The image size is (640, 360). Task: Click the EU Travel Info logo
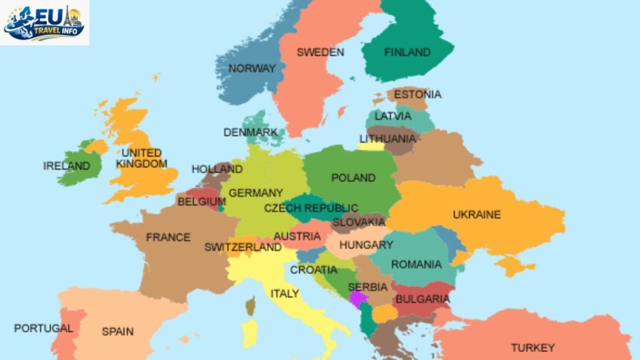(44, 22)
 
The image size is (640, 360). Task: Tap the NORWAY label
(252, 69)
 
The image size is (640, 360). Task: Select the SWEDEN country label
(320, 52)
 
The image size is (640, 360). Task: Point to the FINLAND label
(407, 52)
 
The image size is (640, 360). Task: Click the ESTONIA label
(417, 94)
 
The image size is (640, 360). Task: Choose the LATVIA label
(393, 116)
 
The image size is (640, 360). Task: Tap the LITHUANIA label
(387, 139)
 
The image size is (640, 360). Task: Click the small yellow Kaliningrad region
(371, 147)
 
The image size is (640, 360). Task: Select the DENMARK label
(251, 132)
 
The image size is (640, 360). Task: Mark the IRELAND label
(67, 166)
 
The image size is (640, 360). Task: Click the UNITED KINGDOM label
(141, 158)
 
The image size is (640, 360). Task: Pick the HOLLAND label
(217, 169)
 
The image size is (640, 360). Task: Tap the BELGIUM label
(201, 202)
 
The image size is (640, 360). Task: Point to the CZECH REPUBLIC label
(311, 208)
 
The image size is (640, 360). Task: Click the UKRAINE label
(477, 214)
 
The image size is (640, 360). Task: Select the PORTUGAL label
(44, 328)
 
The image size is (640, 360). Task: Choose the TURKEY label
(532, 347)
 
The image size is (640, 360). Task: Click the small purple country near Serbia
(358, 298)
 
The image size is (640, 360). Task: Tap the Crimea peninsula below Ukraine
(514, 266)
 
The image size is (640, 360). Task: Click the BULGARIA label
(422, 299)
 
